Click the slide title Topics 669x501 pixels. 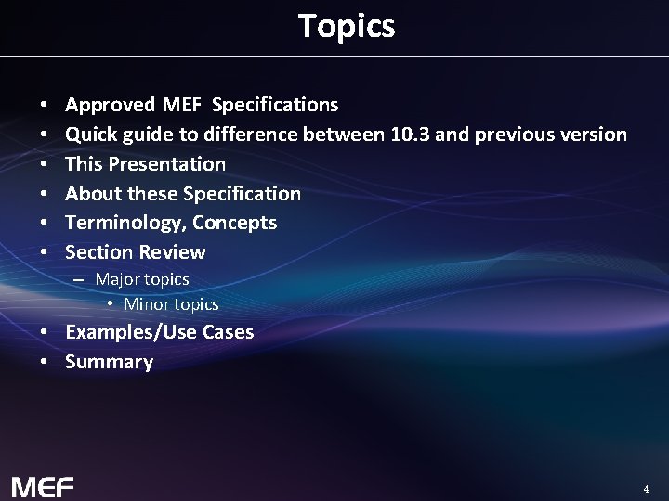pos(347,26)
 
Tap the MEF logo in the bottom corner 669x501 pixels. pos(42,486)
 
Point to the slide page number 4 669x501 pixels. pos(646,488)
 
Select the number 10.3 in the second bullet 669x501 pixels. pos(410,135)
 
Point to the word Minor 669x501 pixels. pos(146,304)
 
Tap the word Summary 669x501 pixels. pos(109,362)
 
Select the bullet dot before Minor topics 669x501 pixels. pos(110,304)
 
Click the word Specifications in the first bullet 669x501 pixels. pos(275,105)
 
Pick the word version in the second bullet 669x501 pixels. pos(594,135)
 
